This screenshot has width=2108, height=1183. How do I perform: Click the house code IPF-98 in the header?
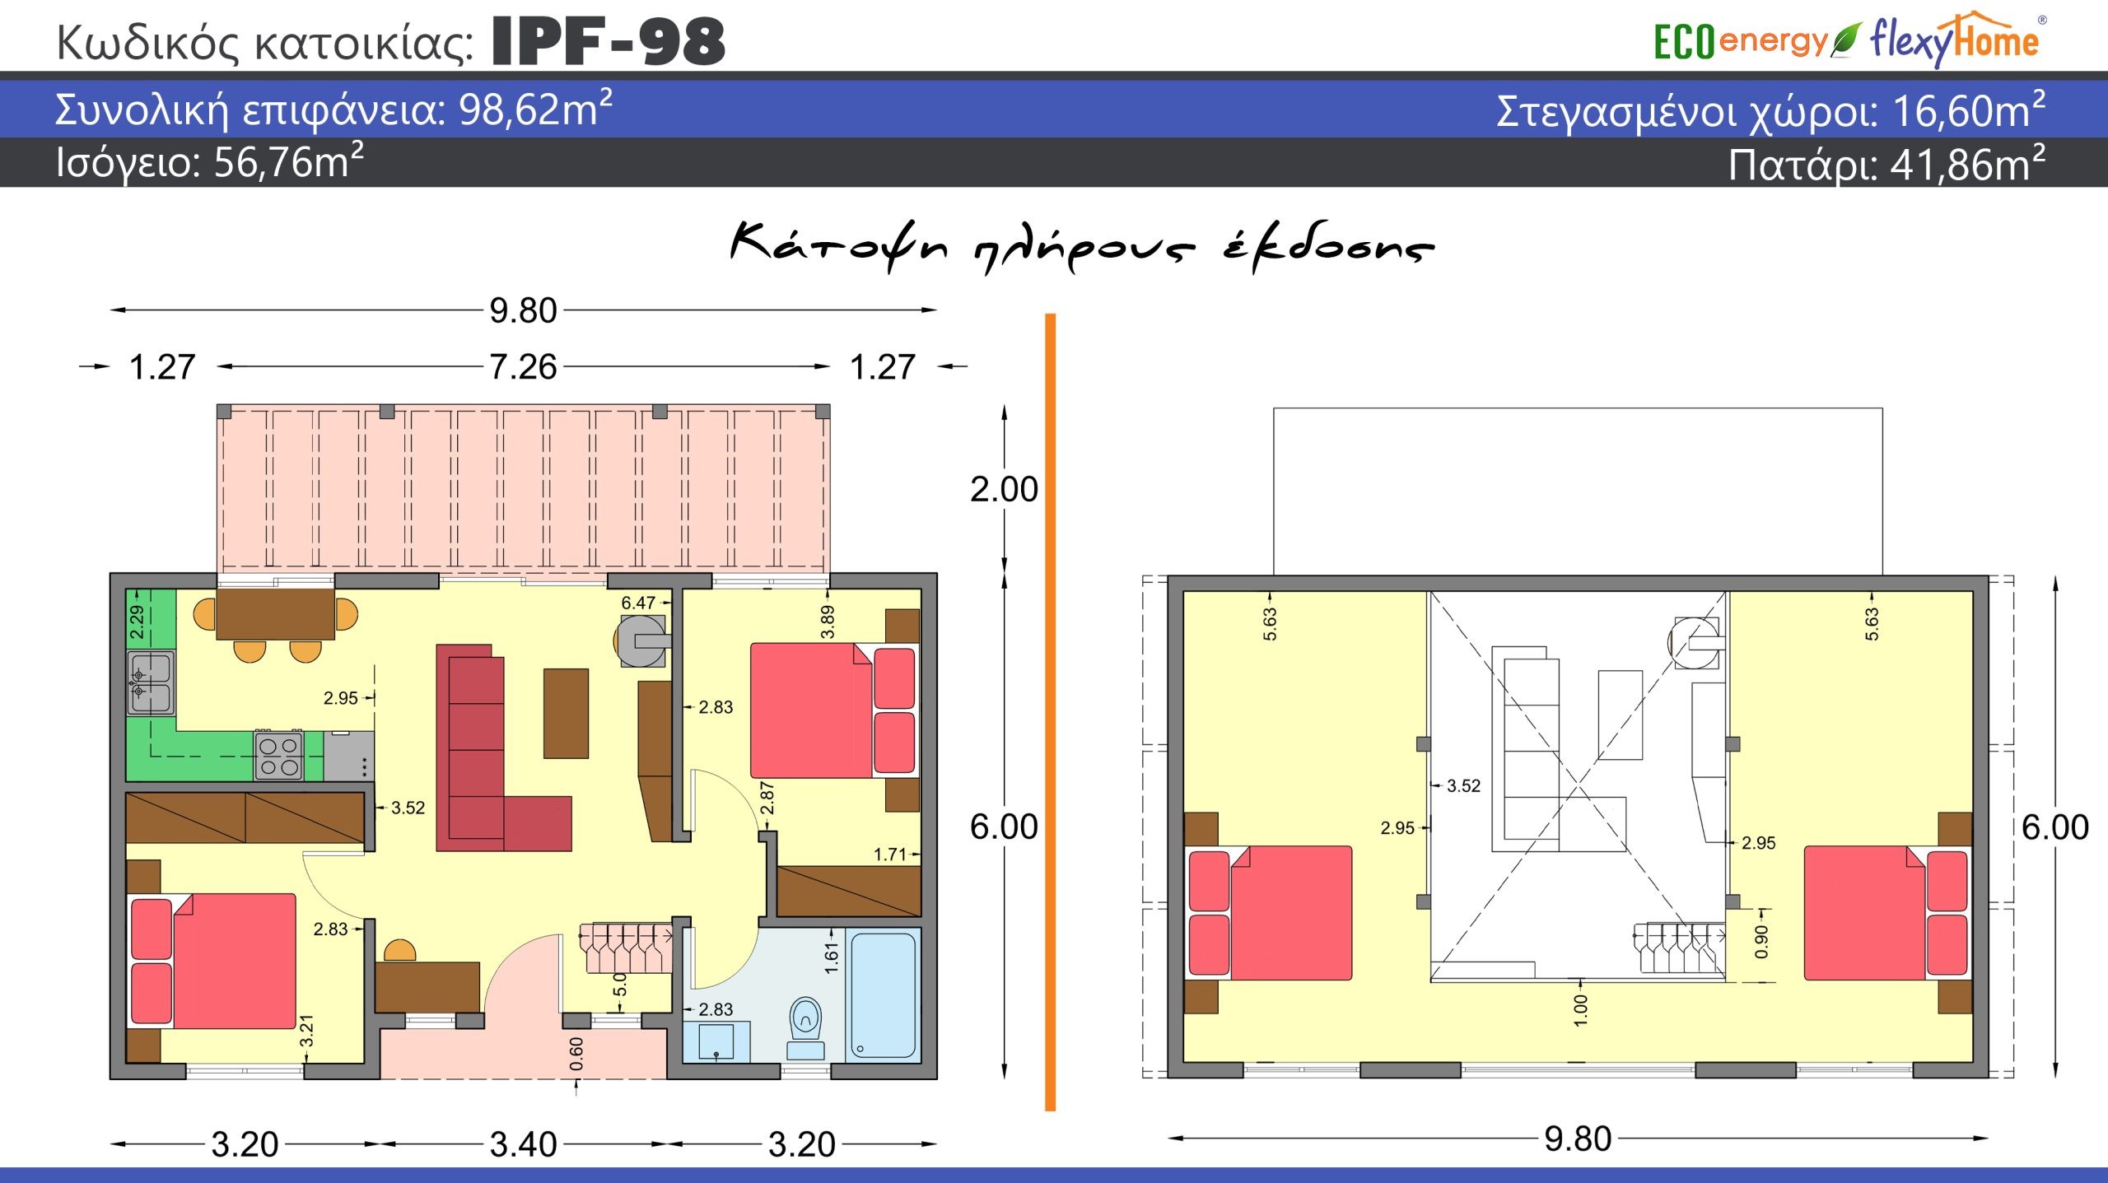point(609,41)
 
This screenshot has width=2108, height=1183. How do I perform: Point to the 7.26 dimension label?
point(523,366)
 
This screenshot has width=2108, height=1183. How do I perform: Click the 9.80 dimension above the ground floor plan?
point(523,310)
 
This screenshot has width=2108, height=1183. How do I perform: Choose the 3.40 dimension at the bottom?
point(524,1144)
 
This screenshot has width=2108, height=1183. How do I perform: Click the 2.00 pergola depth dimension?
point(1004,489)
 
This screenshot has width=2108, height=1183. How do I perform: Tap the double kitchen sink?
point(151,682)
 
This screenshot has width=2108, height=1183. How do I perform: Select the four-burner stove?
point(279,756)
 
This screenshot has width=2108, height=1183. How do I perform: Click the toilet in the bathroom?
point(805,1028)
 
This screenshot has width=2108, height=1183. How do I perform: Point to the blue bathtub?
point(884,994)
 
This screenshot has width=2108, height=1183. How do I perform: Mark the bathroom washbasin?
point(716,1041)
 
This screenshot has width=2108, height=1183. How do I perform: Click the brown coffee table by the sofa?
point(566,713)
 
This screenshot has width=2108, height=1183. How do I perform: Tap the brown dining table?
point(275,614)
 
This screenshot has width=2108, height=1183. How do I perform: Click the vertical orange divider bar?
point(1050,712)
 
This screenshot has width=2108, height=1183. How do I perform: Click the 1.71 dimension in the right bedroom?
point(890,855)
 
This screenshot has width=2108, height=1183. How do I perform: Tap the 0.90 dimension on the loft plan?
point(1761,942)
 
